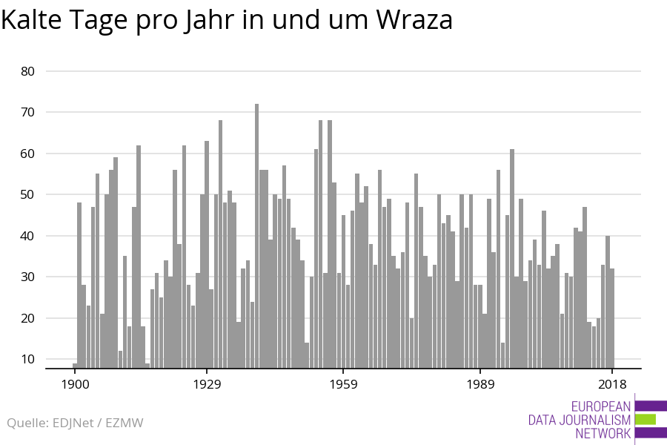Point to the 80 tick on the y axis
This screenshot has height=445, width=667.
click(28, 71)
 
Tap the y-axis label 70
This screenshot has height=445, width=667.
click(28, 112)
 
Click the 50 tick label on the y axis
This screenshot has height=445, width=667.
click(28, 194)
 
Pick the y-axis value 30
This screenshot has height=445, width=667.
click(28, 277)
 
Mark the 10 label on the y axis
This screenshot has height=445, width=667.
click(28, 359)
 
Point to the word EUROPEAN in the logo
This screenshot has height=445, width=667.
click(601, 406)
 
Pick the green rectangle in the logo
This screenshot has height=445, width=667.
click(646, 420)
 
